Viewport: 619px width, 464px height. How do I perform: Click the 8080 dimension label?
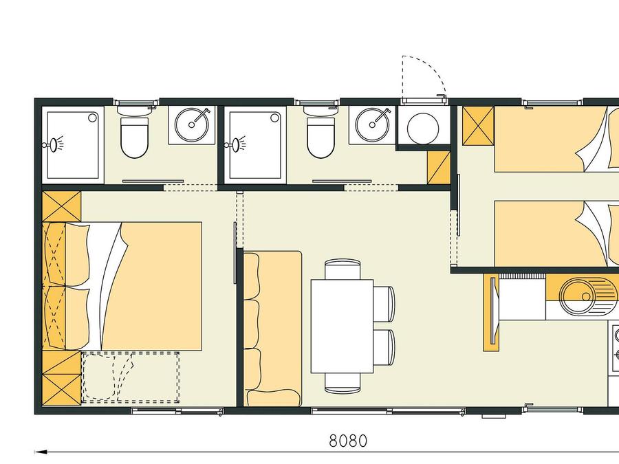click(x=348, y=441)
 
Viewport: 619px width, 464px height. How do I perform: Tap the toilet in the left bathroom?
click(x=134, y=137)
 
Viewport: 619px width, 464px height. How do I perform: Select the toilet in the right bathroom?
click(x=321, y=137)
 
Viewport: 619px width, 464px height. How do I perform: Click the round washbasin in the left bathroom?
click(x=192, y=124)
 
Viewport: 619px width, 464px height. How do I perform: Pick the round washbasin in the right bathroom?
click(x=372, y=124)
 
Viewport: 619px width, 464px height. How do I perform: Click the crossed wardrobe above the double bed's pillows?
click(x=62, y=206)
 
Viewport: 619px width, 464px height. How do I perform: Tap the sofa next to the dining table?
click(x=272, y=329)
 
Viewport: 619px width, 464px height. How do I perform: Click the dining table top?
click(x=343, y=327)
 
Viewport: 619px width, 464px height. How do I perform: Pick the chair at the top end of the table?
click(x=343, y=269)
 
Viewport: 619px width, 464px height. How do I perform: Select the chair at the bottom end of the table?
click(x=343, y=383)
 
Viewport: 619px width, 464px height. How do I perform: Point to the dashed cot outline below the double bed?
click(x=130, y=377)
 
